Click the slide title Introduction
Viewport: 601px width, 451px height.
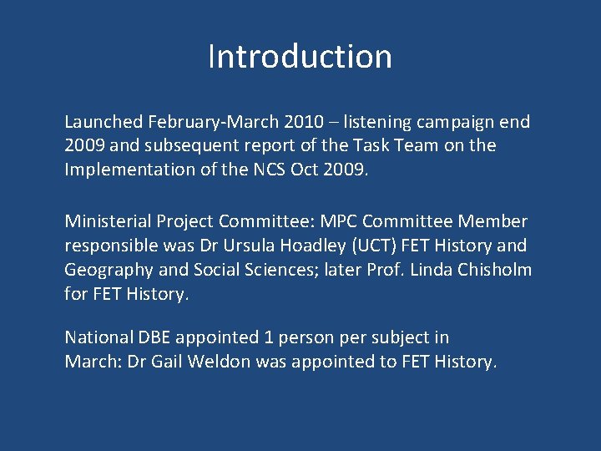[300, 57]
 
